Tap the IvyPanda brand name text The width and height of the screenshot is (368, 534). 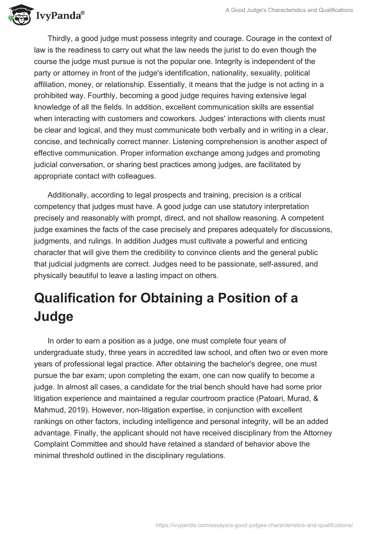coord(59,17)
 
